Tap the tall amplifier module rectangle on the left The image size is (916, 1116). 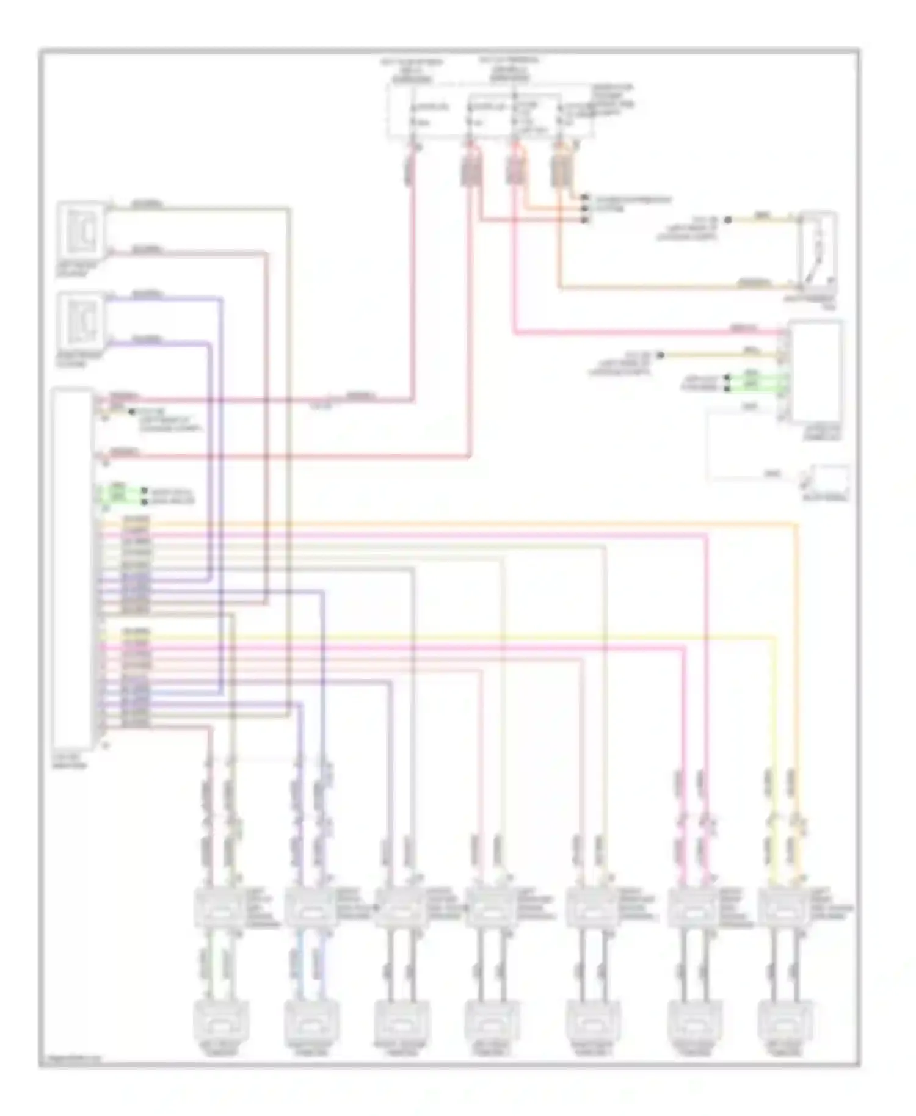[73, 568]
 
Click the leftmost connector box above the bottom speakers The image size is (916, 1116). [218, 908]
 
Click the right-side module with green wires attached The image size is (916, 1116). [815, 371]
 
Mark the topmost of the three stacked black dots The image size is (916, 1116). [585, 198]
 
